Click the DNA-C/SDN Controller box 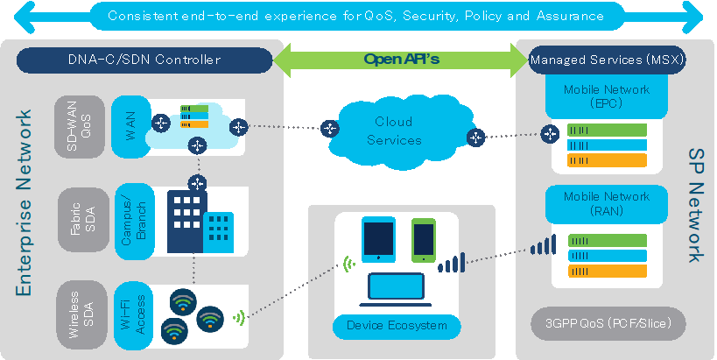point(144,60)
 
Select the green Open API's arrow point(401,60)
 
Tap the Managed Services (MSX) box point(607,60)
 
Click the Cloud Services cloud point(397,131)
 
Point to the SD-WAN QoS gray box point(79,127)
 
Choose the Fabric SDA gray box point(83,220)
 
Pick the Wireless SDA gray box point(81,314)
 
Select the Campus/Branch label point(134,221)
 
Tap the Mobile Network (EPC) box point(607,96)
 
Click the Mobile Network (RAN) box point(607,204)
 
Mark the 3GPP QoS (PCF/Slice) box point(608,323)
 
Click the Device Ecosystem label point(397,326)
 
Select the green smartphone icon point(424,240)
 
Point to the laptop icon point(396,290)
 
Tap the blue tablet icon point(378,239)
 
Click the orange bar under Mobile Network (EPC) point(607,160)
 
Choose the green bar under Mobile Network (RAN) point(608,241)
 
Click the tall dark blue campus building point(187,222)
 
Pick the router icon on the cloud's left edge point(330,129)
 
